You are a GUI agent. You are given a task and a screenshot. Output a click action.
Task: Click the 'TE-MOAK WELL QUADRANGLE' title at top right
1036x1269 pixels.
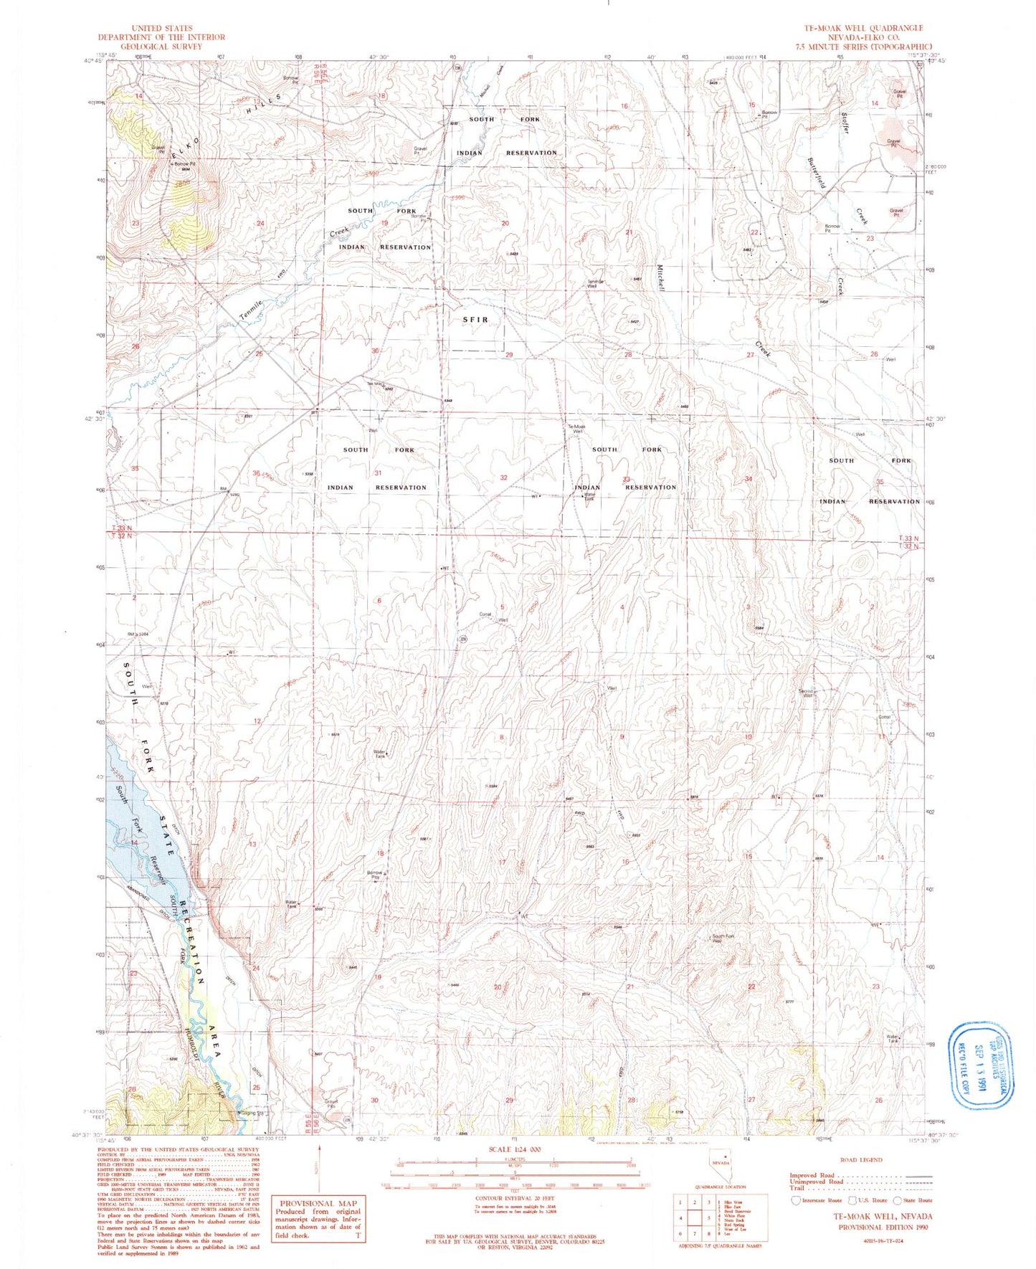coord(863,28)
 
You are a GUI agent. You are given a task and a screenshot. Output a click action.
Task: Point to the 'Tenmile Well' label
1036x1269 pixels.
coord(596,283)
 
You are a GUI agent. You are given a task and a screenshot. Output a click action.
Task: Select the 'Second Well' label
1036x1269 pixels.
coord(807,693)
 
